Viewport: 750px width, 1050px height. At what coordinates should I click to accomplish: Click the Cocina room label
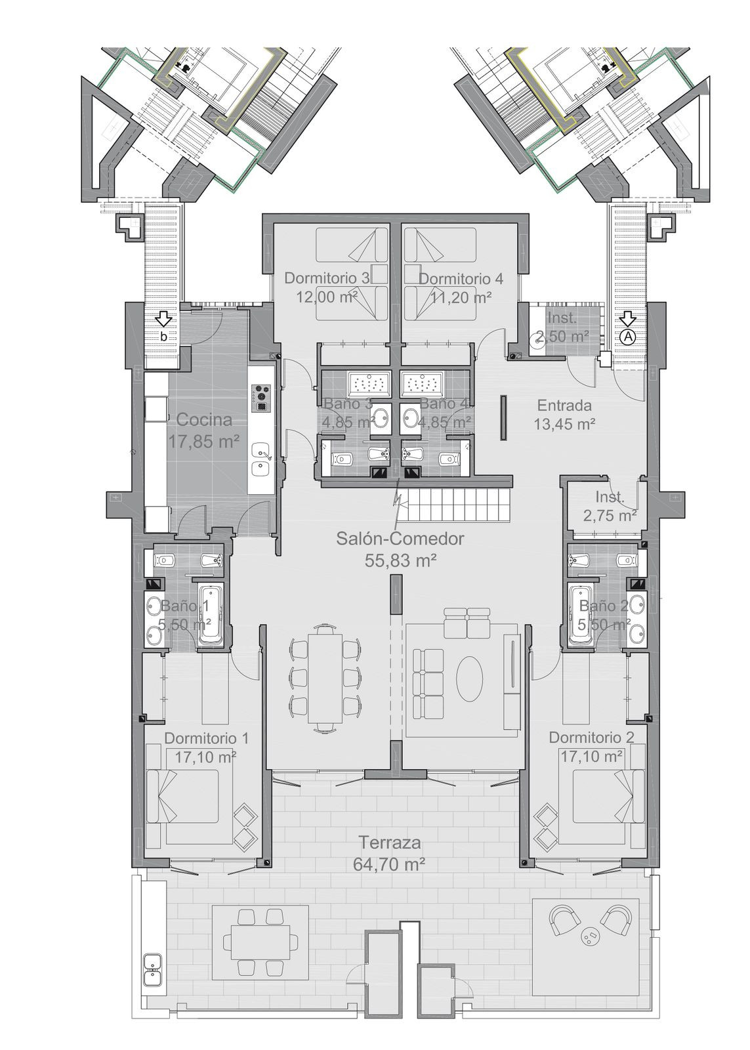pos(204,419)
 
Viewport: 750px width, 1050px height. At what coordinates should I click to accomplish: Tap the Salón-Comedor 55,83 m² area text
pos(400,560)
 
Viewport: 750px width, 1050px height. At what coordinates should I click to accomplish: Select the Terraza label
pos(390,843)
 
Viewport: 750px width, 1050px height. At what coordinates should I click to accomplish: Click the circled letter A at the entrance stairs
pos(628,336)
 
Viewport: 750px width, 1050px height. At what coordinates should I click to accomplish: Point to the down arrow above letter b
pos(164,320)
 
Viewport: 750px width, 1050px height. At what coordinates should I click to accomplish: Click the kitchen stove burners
pos(262,397)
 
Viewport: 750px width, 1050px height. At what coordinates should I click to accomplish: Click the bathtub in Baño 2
pos(584,614)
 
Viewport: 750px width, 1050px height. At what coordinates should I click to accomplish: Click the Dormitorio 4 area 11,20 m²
pos(461,297)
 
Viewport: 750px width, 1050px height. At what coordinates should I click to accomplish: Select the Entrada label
pos(564,405)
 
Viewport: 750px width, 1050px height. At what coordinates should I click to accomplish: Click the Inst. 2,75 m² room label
pos(610,506)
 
